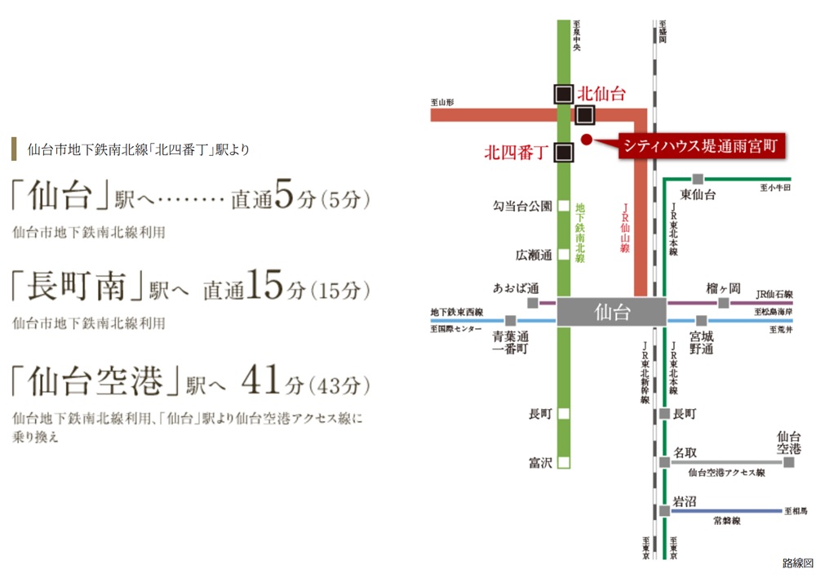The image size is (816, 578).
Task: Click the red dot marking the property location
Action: tap(586, 139)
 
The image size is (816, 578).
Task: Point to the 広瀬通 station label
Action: tap(534, 255)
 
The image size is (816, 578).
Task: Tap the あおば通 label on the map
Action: tap(516, 288)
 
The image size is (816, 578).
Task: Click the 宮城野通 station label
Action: tap(702, 342)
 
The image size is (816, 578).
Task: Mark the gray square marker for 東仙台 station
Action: tap(698, 179)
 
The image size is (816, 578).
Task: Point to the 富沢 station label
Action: tap(540, 463)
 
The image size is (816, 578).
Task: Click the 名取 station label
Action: tap(685, 451)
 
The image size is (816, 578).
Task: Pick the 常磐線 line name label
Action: tap(727, 520)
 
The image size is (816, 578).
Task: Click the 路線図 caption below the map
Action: tap(797, 563)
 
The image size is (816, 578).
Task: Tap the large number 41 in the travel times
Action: tap(261, 381)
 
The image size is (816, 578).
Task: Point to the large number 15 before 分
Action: tap(263, 287)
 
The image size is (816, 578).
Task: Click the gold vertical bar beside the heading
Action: tap(14, 149)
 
